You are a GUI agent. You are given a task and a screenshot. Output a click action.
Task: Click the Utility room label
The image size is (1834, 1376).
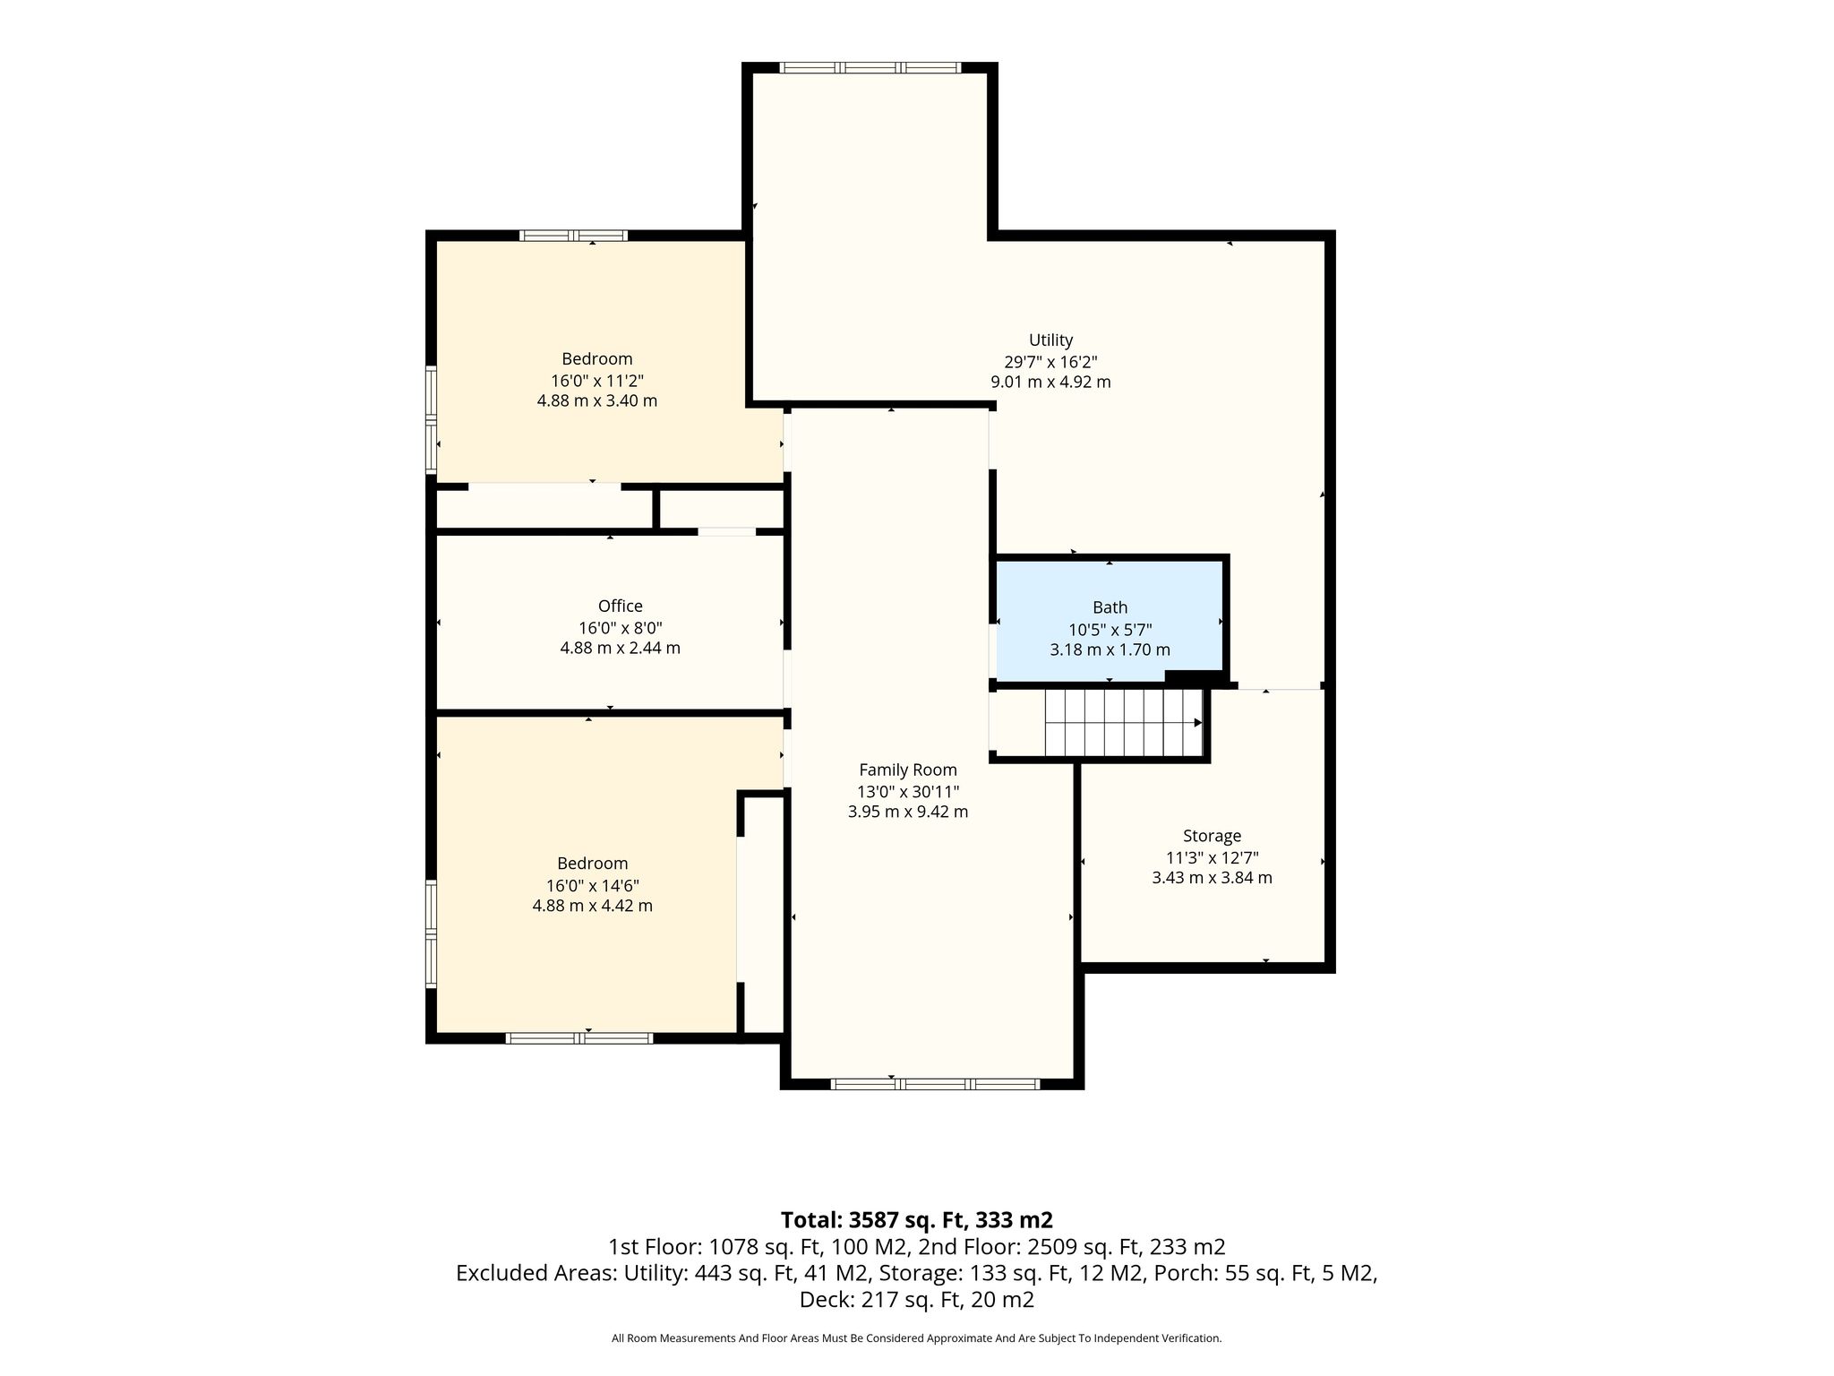1050,340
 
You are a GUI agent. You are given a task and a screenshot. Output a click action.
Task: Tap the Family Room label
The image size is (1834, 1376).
908,770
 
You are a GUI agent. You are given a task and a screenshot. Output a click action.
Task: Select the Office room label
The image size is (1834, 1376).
621,606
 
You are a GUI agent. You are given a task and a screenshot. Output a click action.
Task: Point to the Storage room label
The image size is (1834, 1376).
1212,836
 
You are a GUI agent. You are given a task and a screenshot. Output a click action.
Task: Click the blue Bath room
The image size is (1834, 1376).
1110,618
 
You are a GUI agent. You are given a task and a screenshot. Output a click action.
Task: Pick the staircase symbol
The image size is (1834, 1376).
1124,723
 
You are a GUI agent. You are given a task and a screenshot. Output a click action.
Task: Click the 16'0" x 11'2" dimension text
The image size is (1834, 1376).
597,380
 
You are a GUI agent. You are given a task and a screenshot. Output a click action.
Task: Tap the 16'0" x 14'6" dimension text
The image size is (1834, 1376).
593,885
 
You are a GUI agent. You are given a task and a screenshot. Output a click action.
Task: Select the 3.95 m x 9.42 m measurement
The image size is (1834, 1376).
908,813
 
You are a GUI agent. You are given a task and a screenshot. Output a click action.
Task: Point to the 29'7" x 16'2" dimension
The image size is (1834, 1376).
1050,362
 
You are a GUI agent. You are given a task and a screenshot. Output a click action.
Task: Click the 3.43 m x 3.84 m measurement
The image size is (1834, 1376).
1212,878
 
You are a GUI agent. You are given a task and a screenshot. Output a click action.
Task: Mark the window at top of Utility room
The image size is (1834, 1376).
870,67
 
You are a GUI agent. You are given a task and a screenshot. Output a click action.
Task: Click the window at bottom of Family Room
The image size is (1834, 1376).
935,1084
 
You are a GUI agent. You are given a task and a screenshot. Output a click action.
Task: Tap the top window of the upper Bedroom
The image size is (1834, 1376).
573,236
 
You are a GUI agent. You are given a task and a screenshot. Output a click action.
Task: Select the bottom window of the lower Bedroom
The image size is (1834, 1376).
579,1038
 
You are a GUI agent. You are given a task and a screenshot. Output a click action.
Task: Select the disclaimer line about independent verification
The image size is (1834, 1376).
916,1338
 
